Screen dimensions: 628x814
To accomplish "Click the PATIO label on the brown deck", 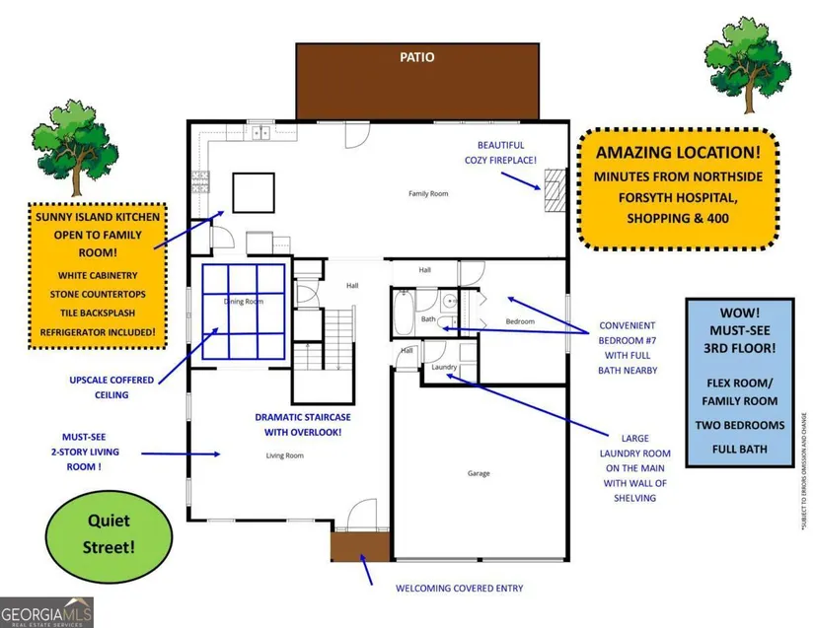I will coord(417,57).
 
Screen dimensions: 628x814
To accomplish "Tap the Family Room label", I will coord(428,194).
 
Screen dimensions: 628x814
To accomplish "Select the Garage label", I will coord(479,474).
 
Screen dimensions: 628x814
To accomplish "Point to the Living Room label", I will coord(284,455).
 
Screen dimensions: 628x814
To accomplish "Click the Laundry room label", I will coord(444,368).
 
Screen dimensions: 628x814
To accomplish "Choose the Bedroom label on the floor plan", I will coord(520,322).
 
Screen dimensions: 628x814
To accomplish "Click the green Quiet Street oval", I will coord(94,529).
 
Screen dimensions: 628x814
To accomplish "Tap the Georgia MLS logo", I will coord(46,612).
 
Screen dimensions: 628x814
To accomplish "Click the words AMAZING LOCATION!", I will coord(676,152).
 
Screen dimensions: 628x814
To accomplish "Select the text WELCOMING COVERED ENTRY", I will coord(459,589).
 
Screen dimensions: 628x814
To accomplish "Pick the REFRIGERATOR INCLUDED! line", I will coord(96,332).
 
